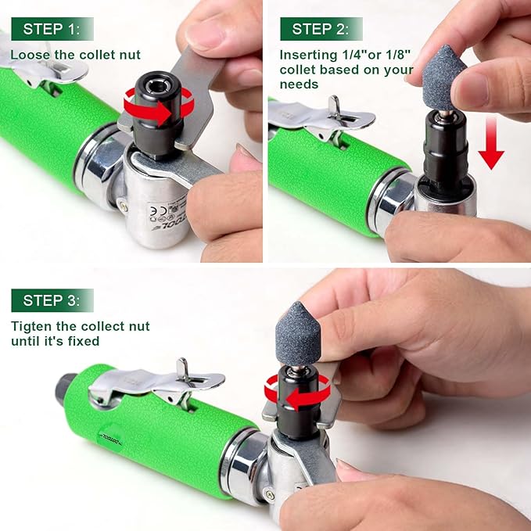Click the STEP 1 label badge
[52, 29]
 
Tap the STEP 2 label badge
[321, 29]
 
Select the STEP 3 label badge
[52, 300]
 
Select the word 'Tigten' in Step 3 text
[30, 326]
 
